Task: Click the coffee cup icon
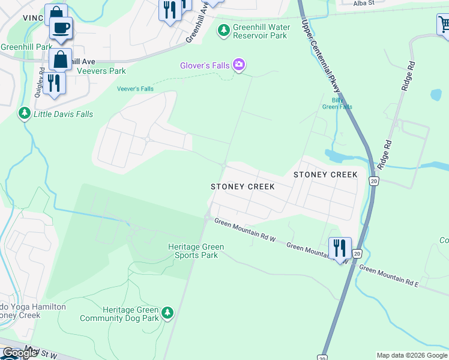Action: pyautogui.click(x=61, y=28)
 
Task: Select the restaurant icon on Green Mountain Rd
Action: pyautogui.click(x=339, y=247)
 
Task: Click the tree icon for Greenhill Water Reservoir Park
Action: pyautogui.click(x=224, y=30)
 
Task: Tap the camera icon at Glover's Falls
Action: pyautogui.click(x=239, y=65)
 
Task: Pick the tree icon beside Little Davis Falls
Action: pyautogui.click(x=25, y=113)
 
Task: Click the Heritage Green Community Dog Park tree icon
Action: pyautogui.click(x=167, y=313)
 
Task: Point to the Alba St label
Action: pyautogui.click(x=363, y=3)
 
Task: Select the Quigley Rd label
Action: pyautogui.click(x=42, y=79)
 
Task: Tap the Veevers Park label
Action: pyautogui.click(x=101, y=71)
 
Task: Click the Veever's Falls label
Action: pyautogui.click(x=135, y=89)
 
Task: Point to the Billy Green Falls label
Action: pyautogui.click(x=337, y=103)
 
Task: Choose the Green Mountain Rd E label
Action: pyautogui.click(x=388, y=277)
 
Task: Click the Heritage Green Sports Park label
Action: pyautogui.click(x=196, y=251)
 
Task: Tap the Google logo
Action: pyautogui.click(x=19, y=353)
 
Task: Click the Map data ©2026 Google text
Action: pyautogui.click(x=412, y=355)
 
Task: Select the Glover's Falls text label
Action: pyautogui.click(x=206, y=65)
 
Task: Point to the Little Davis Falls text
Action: pyautogui.click(x=63, y=114)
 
